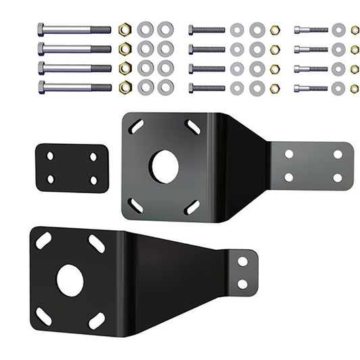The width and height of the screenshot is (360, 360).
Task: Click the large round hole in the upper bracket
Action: point(164,166)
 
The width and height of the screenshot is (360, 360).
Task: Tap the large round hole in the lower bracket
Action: point(70,280)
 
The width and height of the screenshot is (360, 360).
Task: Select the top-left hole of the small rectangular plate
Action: point(50,156)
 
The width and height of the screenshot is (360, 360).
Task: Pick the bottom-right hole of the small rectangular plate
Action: point(93,180)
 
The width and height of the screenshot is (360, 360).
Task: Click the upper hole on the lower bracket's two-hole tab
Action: point(242,261)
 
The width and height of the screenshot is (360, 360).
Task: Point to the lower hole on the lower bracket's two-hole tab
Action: point(242,284)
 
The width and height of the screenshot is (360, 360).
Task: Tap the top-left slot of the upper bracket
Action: point(136,126)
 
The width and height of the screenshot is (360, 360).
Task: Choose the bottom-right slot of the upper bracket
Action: point(192,207)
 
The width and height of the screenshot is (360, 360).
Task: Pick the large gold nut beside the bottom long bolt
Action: point(124,87)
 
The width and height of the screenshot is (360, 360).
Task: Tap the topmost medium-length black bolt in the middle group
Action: point(207,30)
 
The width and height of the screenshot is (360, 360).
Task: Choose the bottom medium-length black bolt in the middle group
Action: point(207,88)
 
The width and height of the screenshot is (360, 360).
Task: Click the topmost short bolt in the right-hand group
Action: point(311,30)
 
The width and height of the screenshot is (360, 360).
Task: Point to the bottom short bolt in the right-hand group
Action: point(311,88)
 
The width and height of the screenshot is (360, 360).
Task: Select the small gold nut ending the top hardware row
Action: point(355,30)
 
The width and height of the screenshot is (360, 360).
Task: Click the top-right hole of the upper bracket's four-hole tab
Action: point(338,154)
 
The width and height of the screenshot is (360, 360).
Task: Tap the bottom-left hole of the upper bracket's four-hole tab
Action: point(289,178)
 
